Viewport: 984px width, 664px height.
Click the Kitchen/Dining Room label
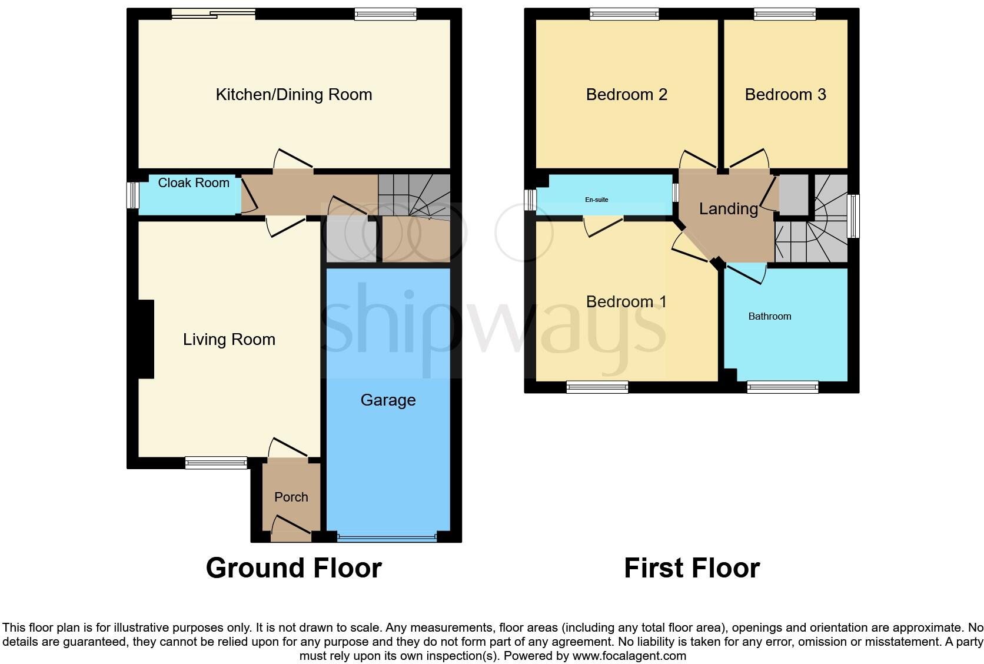tap(294, 95)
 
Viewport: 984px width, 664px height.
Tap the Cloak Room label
tap(194, 183)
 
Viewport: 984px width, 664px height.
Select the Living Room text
tap(229, 340)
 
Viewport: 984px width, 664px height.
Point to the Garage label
tap(388, 400)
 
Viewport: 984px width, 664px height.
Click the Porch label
tap(291, 497)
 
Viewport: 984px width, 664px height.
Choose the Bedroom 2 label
tap(626, 95)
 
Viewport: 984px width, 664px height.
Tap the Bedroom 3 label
tap(785, 95)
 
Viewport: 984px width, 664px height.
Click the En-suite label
tap(596, 200)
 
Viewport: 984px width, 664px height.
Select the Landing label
tap(728, 209)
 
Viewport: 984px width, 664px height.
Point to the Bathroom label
tap(769, 317)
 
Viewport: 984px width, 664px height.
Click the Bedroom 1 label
tap(626, 302)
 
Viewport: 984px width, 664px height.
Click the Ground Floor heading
tap(294, 568)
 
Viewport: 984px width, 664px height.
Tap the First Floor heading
tap(692, 568)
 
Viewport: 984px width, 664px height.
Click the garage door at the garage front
tap(387, 536)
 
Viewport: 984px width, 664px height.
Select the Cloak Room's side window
tap(134, 195)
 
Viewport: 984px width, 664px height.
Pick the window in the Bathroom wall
tap(782, 387)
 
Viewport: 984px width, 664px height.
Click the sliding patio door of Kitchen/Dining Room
tap(214, 13)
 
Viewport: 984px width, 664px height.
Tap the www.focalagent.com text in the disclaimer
tap(629, 656)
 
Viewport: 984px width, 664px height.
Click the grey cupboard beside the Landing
tap(793, 194)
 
